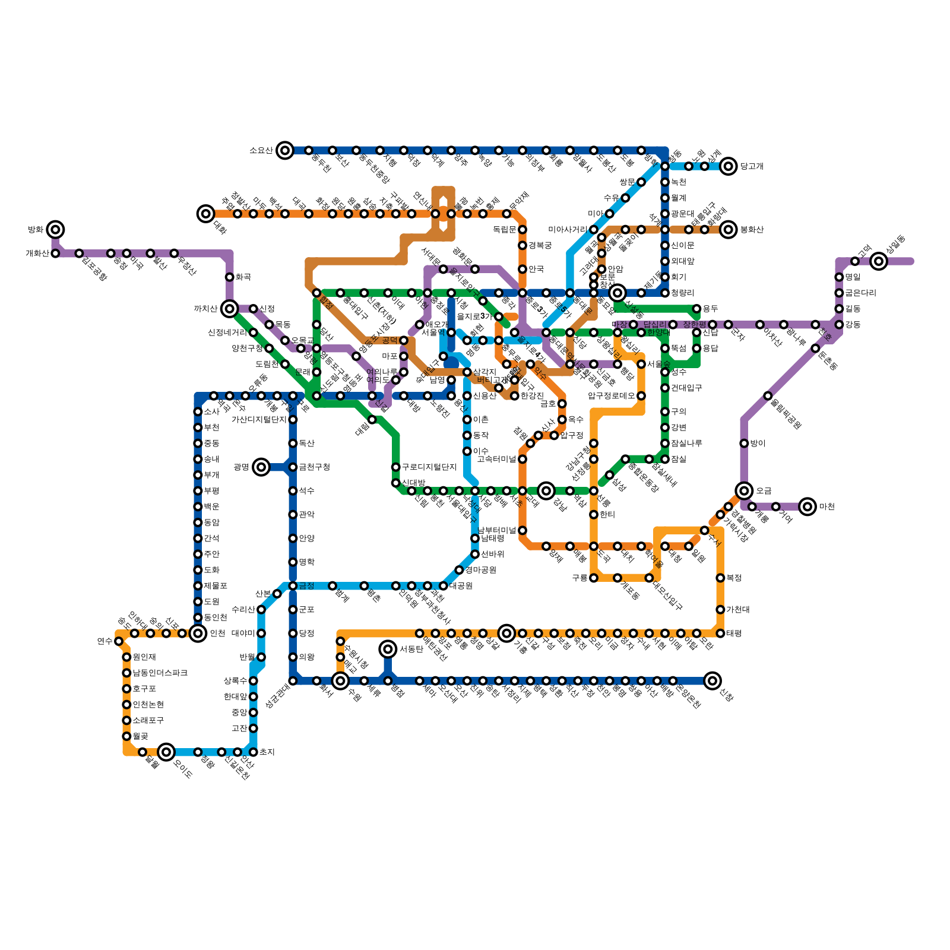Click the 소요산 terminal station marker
pos(285,150)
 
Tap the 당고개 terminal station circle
pos(729,166)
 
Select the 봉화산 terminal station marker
pos(729,230)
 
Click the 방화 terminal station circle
pos(55,229)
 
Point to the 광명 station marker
pos(261,467)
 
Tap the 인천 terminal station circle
pos(198,634)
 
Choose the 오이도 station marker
pos(167,752)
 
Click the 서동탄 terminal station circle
pos(388,649)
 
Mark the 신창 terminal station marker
pos(712,681)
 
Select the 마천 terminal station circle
pos(807,506)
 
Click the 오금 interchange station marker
pos(744,490)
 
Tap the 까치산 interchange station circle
pos(229,309)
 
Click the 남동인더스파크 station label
pos(160,673)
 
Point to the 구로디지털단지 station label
pos(429,467)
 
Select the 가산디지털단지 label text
pos(259,420)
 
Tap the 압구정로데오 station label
pos(612,396)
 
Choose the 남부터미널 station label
pos(498,530)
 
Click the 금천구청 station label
pos(315,467)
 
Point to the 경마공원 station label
pos(481,570)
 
